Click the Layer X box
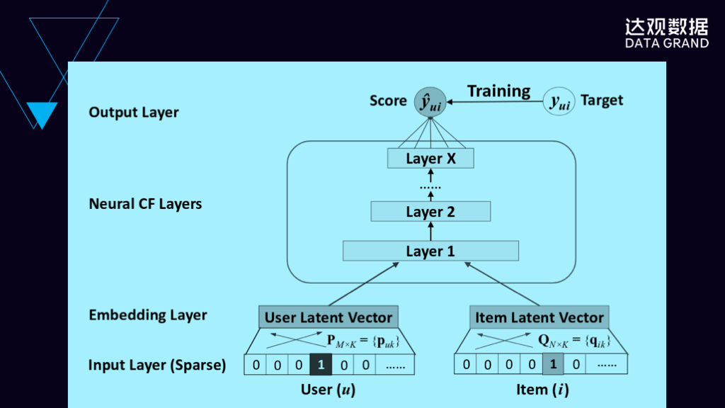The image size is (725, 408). (x=430, y=159)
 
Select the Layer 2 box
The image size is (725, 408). (x=430, y=212)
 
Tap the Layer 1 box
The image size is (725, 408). (x=430, y=251)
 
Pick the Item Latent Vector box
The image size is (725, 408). (x=540, y=317)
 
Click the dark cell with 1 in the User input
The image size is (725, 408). (x=321, y=365)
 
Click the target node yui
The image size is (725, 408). (x=559, y=102)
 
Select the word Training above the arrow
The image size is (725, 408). (x=498, y=91)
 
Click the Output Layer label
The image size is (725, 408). (x=134, y=113)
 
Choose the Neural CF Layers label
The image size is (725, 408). (x=145, y=204)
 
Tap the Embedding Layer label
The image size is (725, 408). (x=148, y=315)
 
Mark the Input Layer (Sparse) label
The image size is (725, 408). (x=157, y=365)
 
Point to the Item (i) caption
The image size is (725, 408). (x=542, y=389)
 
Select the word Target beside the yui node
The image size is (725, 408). (x=602, y=101)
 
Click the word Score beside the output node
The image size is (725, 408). (x=388, y=101)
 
